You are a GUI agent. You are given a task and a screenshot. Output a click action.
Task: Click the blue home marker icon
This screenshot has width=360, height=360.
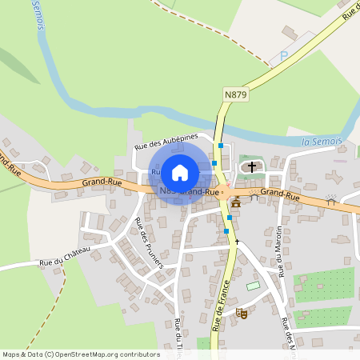click(x=180, y=172)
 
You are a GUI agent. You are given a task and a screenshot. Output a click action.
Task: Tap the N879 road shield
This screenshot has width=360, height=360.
click(x=235, y=94)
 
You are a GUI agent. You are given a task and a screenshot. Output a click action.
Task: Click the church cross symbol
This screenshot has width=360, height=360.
click(x=253, y=167)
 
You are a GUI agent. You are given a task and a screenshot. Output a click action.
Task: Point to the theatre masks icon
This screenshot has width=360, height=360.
click(x=242, y=313)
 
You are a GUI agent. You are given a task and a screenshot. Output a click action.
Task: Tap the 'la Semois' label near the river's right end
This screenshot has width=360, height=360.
click(x=322, y=141)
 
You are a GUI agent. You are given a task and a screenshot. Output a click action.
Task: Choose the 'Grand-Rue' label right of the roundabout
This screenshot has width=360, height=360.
click(x=279, y=194)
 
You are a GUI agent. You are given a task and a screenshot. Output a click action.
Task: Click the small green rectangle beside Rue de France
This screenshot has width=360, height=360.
click(x=254, y=286)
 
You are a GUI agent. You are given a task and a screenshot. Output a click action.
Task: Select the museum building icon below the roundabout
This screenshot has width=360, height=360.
click(x=236, y=202)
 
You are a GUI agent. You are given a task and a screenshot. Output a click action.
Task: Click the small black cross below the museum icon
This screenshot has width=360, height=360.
click(x=237, y=240)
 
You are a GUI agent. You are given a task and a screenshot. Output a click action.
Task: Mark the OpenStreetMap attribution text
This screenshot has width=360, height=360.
click(x=81, y=354)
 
